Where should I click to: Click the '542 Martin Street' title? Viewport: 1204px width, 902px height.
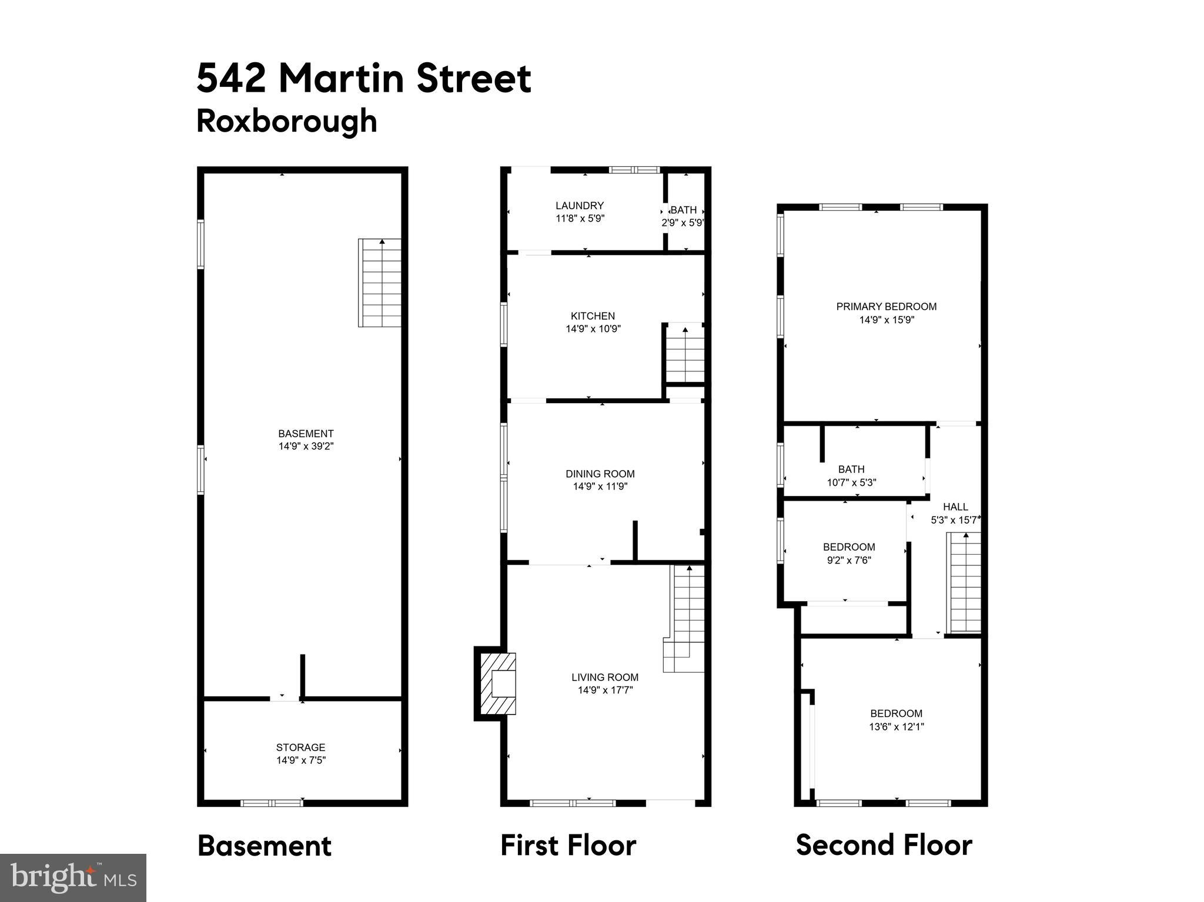(363, 79)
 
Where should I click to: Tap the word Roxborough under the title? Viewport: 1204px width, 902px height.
(286, 121)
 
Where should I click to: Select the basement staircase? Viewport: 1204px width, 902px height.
(380, 283)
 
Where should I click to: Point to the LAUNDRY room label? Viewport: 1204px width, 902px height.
(580, 206)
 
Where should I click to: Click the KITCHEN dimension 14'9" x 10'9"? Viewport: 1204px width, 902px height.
(593, 329)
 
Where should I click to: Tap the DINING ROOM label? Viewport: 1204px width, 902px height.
(600, 474)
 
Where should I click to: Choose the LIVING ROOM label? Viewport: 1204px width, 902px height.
(604, 677)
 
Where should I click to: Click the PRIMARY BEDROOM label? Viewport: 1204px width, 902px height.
(886, 306)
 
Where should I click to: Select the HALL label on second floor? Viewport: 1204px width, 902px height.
(955, 507)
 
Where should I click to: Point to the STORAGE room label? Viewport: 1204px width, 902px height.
(300, 747)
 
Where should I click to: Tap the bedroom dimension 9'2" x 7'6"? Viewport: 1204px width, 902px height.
(849, 560)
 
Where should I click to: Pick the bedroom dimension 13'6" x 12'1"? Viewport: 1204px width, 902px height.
(897, 726)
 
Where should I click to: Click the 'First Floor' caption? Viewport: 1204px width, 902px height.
(568, 846)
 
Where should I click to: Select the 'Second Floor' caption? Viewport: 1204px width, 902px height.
(884, 846)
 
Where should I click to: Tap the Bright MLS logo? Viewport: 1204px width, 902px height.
(73, 877)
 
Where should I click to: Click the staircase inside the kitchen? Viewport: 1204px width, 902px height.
(685, 354)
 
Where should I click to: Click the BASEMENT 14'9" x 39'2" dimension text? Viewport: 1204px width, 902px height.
(306, 447)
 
